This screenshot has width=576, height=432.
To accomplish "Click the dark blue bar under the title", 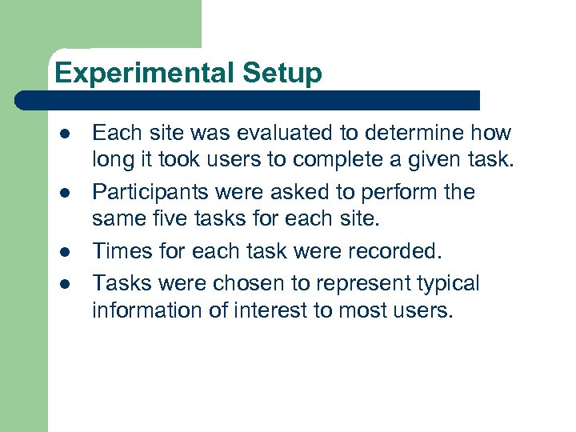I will point(248,101).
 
